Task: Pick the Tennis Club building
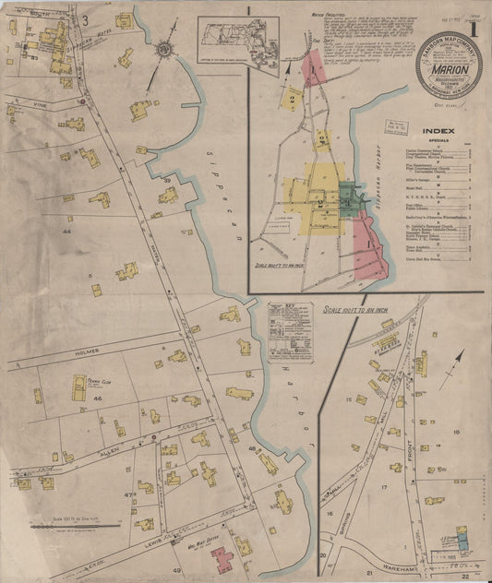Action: [79, 387]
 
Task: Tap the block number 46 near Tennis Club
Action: [97, 398]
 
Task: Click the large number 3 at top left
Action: [85, 19]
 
